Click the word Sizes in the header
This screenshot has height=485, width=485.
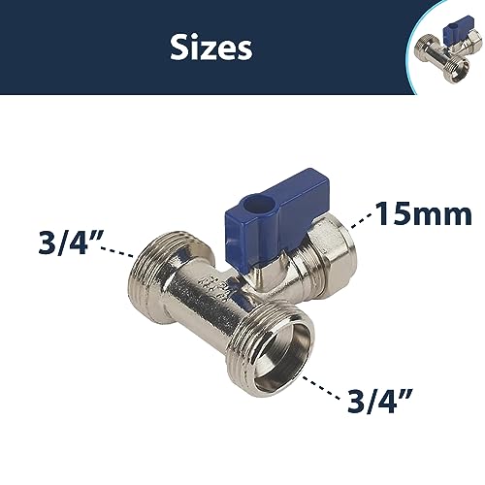click(211, 47)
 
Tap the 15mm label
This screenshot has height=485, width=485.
click(424, 213)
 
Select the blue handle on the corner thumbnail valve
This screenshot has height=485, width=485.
click(456, 34)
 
